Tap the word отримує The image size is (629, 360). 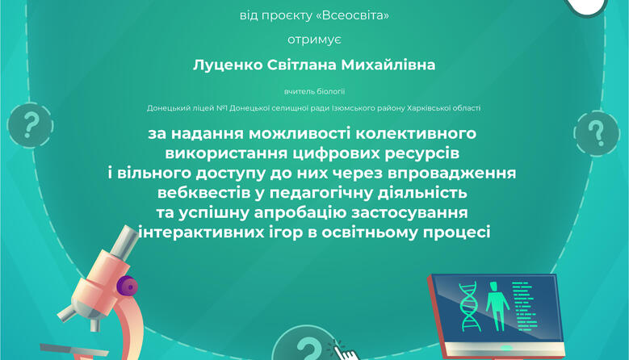tap(315, 40)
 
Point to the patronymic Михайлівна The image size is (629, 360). tap(388, 65)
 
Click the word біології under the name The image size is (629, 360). tap(331, 91)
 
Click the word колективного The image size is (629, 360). tap(416, 133)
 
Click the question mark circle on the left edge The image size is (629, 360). tap(30, 125)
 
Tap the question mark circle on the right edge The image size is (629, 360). tap(597, 133)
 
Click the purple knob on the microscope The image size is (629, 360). tap(127, 287)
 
